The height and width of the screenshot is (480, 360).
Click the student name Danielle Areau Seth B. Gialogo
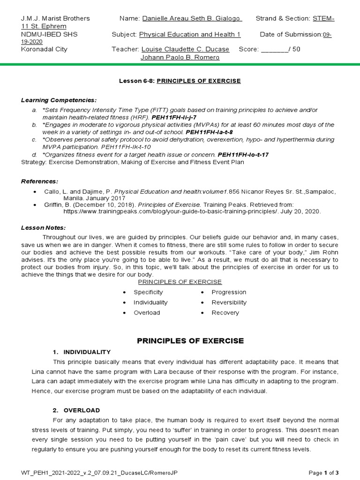click(192, 18)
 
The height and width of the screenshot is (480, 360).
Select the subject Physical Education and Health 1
click(190, 34)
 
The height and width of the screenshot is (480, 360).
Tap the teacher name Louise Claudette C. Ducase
click(185, 49)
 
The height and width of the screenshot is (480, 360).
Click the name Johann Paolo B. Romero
click(180, 57)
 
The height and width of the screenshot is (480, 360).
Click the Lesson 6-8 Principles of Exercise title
click(180, 81)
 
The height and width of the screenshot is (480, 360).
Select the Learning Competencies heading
click(59, 100)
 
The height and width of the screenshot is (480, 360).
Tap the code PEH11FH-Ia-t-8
click(210, 132)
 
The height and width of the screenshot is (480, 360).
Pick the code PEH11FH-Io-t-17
click(243, 154)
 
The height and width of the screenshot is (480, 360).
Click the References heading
click(40, 181)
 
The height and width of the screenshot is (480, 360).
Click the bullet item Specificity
click(148, 292)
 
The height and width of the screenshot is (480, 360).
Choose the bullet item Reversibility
click(229, 302)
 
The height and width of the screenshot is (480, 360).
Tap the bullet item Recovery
click(225, 313)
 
